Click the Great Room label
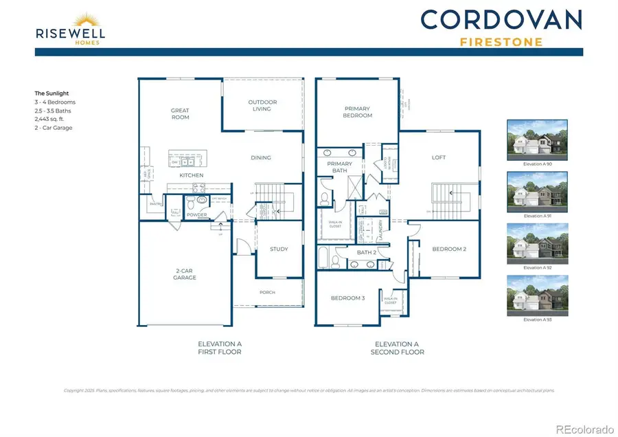[180, 113]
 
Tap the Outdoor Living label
[262, 105]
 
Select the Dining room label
[261, 157]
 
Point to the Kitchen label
[192, 175]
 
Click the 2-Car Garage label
[185, 274]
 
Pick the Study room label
[279, 249]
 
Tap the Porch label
[267, 292]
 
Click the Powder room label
[197, 215]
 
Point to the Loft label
[439, 157]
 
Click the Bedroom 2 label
[449, 249]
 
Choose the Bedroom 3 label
[348, 298]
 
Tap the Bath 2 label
[366, 252]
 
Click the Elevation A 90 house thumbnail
[537, 139]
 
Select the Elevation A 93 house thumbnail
[537, 295]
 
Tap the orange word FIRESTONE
[501, 41]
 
